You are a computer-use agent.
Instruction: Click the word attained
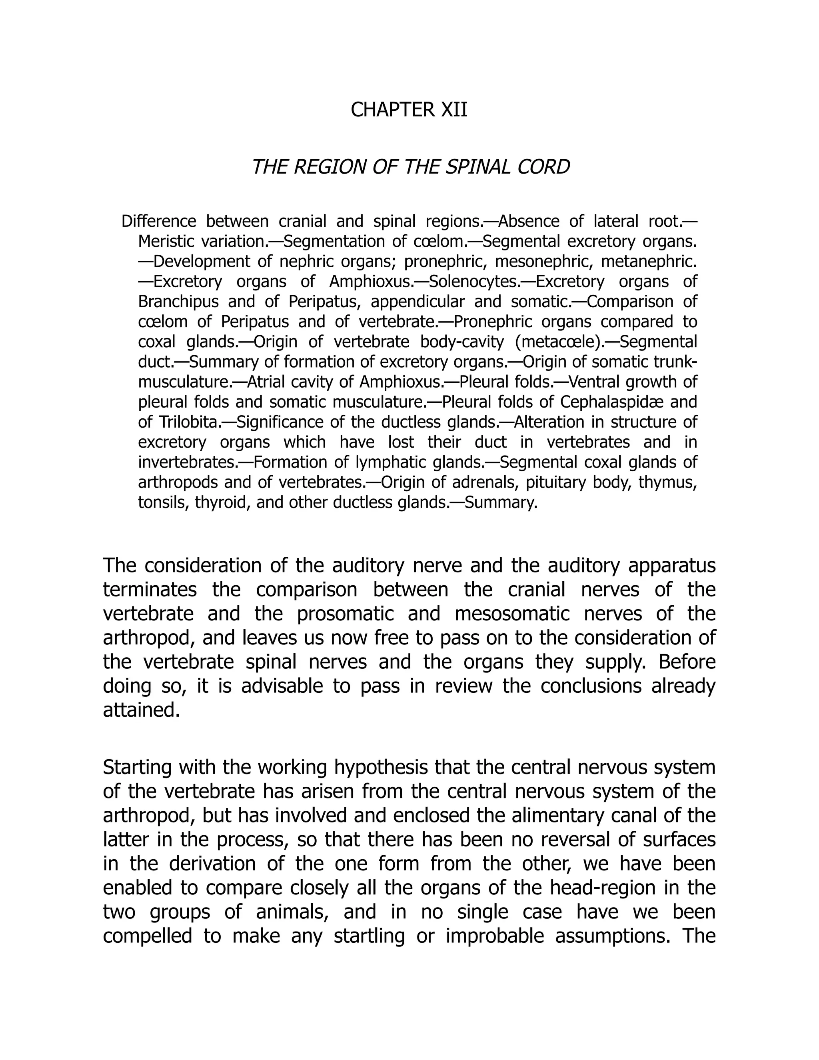(141, 710)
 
